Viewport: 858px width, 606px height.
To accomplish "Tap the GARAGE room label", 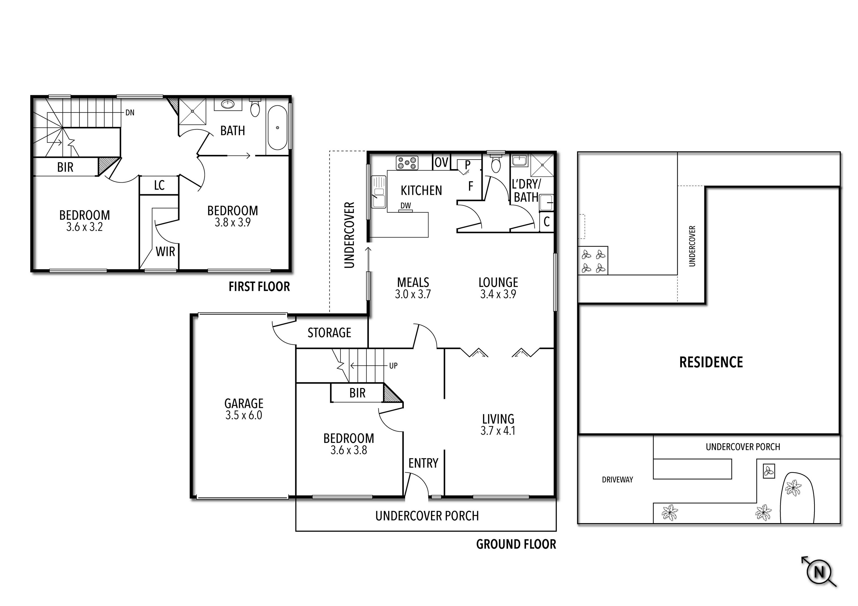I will pyautogui.click(x=244, y=403).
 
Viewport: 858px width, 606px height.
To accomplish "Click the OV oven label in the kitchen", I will pyautogui.click(x=441, y=163).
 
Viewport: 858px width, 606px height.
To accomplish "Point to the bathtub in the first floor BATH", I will pyautogui.click(x=277, y=127).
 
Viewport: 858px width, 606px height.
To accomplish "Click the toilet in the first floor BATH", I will pyautogui.click(x=255, y=108).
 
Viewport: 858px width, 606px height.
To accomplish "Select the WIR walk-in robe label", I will pyautogui.click(x=165, y=252).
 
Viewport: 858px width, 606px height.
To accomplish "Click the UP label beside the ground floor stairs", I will pyautogui.click(x=393, y=366).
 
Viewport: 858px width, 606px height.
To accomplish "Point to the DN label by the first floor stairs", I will pyautogui.click(x=130, y=112).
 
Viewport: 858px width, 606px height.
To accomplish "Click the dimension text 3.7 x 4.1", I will pyautogui.click(x=498, y=431).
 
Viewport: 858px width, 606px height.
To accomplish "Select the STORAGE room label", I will pyautogui.click(x=329, y=333).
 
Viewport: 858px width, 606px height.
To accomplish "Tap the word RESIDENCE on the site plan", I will pyautogui.click(x=711, y=362).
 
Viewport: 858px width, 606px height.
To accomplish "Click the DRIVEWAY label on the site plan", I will pyautogui.click(x=617, y=480).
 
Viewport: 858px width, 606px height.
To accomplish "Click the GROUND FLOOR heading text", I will pyautogui.click(x=516, y=544).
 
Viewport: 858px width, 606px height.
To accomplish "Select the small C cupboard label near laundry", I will pyautogui.click(x=546, y=222).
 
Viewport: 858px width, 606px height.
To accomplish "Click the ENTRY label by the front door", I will pyautogui.click(x=423, y=463).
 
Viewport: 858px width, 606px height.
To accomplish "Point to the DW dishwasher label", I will pyautogui.click(x=406, y=205).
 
